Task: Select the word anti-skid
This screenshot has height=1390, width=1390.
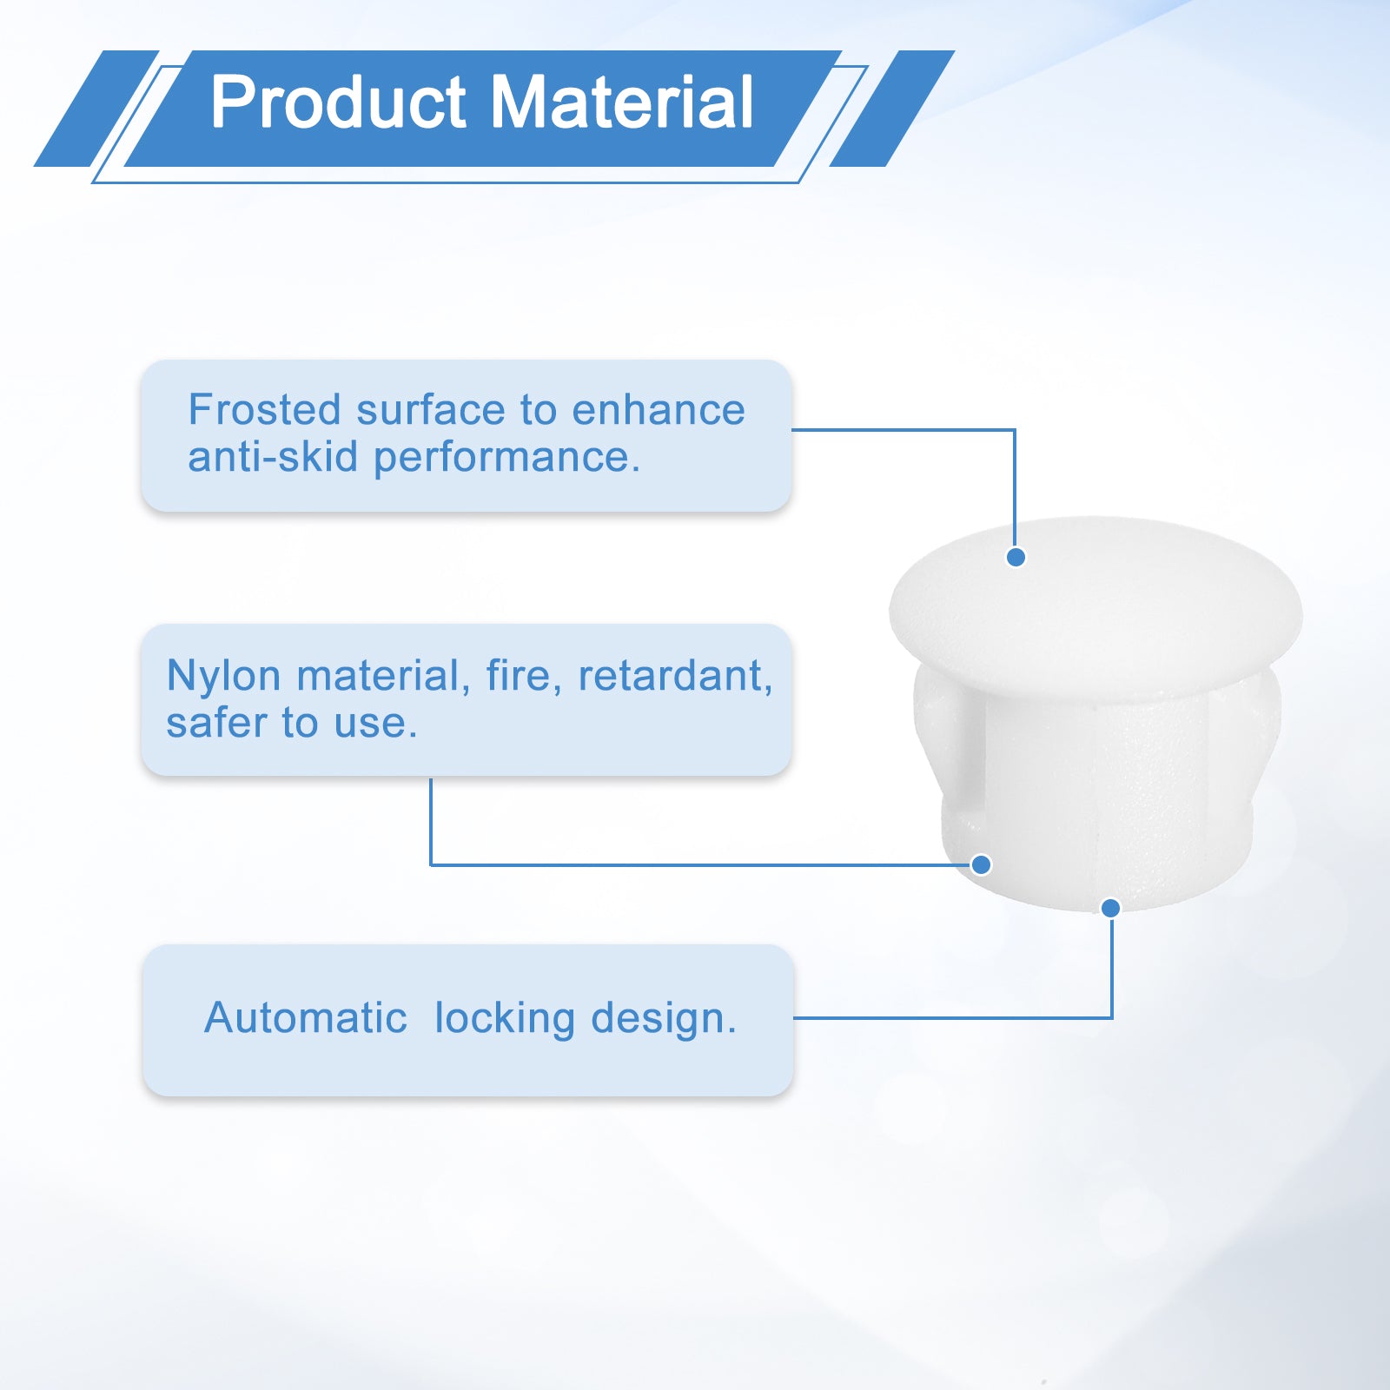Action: (x=273, y=457)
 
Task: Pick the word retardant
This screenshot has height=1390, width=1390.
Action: (x=675, y=676)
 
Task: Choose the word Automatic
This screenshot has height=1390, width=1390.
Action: (x=305, y=1017)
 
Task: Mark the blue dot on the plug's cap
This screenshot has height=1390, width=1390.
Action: (x=1016, y=557)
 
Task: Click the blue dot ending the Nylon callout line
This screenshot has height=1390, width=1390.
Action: (x=981, y=864)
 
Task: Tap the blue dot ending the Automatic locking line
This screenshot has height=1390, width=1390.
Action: (x=1110, y=908)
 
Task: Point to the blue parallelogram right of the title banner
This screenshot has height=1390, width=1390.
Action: (x=892, y=109)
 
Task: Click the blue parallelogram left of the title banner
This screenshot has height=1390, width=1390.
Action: (x=96, y=109)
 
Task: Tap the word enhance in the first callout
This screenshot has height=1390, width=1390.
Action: (x=658, y=410)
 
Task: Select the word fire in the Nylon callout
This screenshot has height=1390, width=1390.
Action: (x=520, y=676)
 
